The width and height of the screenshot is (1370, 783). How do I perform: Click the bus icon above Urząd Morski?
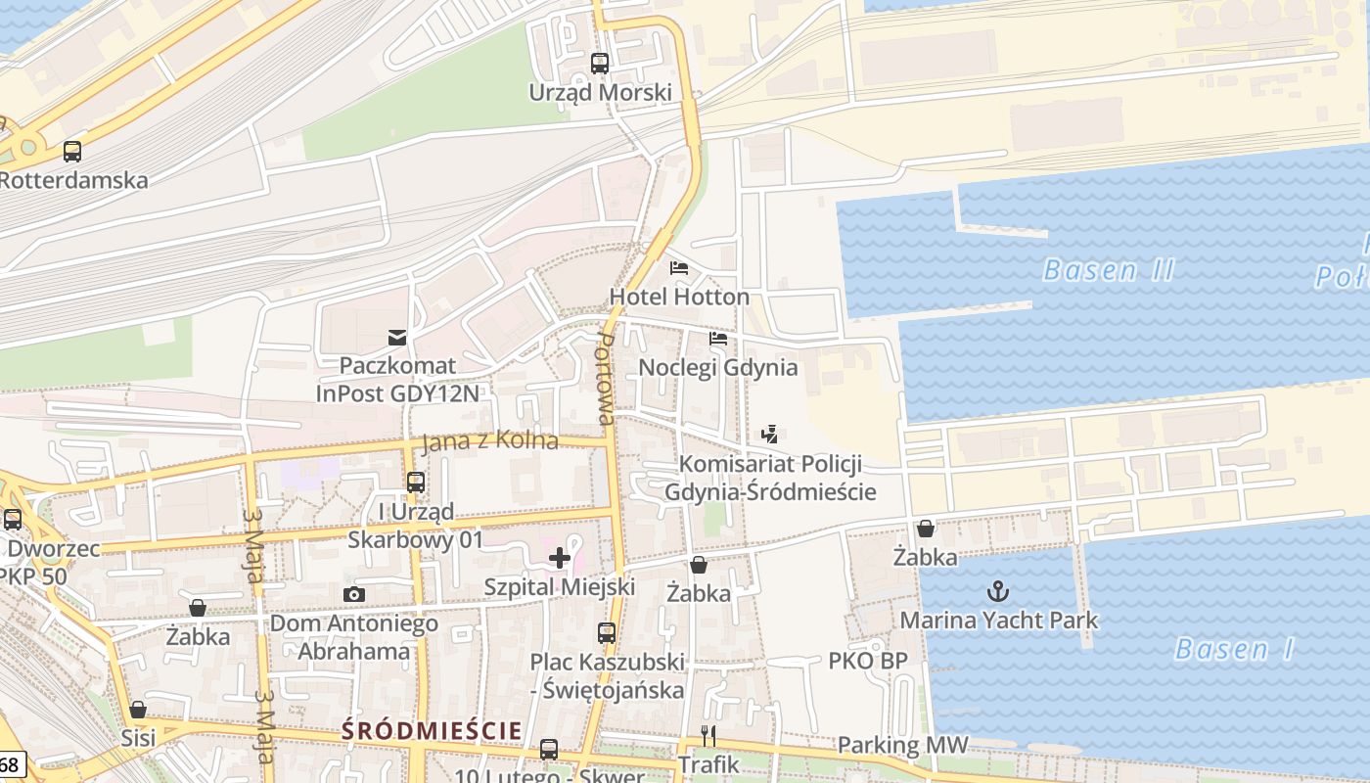600,64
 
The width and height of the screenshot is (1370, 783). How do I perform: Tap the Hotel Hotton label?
679,297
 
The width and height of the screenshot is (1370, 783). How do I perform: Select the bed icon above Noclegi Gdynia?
718,339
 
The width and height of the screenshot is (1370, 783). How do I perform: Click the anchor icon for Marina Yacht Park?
998,590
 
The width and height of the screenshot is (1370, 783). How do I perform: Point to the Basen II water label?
1108,270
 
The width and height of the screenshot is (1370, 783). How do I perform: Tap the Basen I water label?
1234,649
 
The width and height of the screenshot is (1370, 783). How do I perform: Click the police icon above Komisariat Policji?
770,434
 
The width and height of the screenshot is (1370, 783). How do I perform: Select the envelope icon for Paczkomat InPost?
397,338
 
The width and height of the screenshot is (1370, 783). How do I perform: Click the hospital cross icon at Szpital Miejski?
560,558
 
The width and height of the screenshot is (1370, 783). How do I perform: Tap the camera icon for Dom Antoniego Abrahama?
354,594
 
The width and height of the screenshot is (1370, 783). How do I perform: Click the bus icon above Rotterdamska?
72,152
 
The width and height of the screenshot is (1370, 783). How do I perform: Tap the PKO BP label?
867,661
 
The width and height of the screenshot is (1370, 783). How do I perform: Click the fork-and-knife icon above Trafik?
708,736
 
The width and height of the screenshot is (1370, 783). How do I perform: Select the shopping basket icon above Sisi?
138,710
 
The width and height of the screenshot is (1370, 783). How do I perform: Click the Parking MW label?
902,746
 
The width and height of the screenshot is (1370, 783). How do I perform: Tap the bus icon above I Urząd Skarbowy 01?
416,482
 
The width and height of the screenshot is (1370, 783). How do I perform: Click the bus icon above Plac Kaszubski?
607,632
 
